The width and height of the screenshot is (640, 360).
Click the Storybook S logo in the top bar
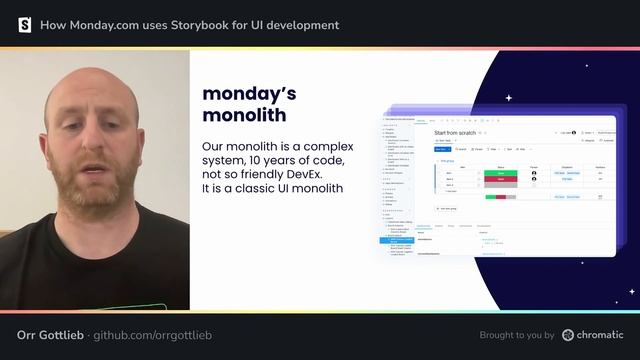click(x=25, y=25)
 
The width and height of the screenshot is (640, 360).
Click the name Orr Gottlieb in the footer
click(x=50, y=335)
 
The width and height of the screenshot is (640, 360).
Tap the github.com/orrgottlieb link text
click(x=152, y=335)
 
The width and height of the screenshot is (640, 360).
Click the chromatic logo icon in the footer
click(x=568, y=335)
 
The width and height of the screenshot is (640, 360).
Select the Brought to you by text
click(x=517, y=335)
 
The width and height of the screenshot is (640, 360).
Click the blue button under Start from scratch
click(x=441, y=149)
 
